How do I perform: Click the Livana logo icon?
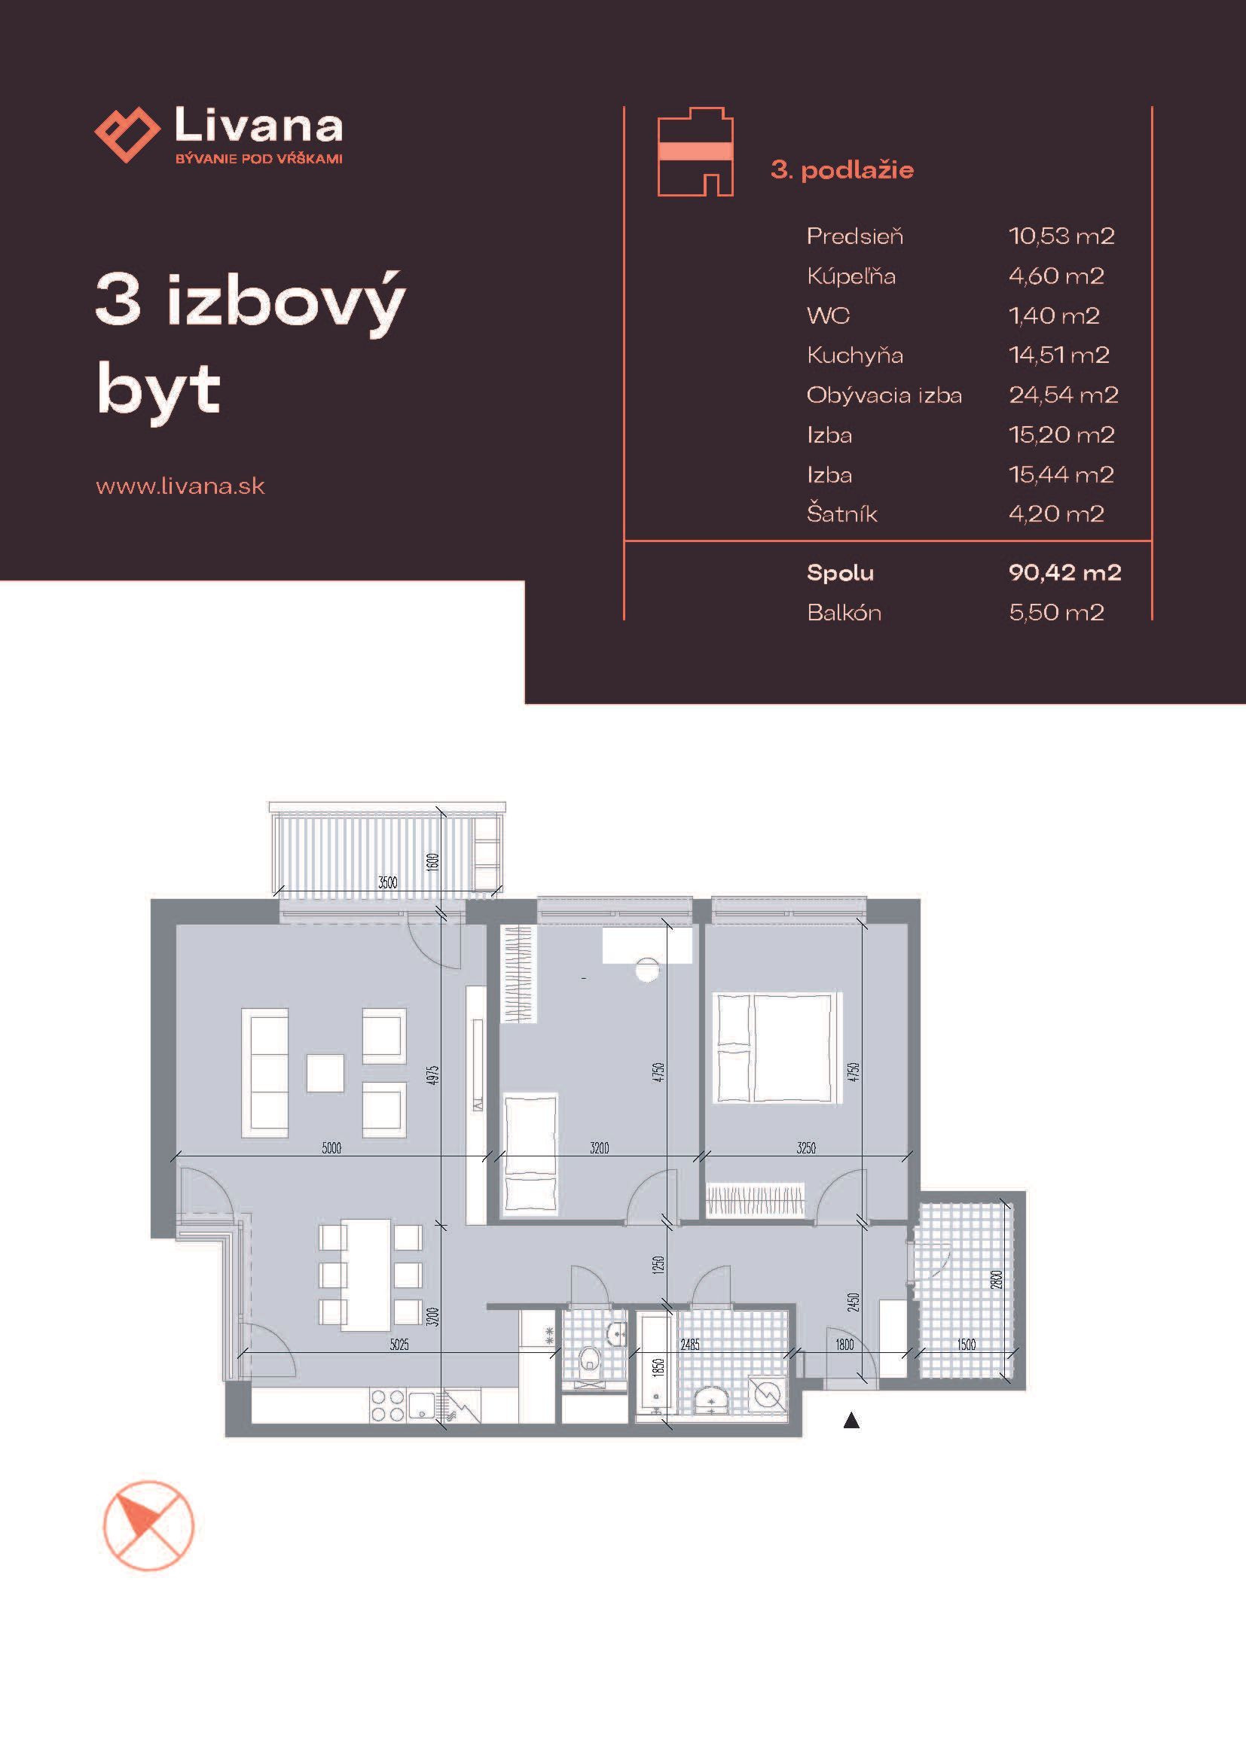pos(127,135)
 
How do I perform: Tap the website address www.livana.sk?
pos(180,486)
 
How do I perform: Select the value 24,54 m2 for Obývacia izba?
pos(1064,395)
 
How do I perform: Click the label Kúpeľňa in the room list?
pos(851,276)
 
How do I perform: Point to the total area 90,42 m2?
pos(1065,572)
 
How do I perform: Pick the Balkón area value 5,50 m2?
pos(1056,612)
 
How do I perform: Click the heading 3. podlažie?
pos(841,169)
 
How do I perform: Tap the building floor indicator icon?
pos(695,152)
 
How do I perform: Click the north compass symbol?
pos(148,1526)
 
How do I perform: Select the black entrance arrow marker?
pos(851,1421)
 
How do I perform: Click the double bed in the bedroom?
pos(778,1048)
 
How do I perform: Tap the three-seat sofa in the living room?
pos(264,1072)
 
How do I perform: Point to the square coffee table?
pos(325,1073)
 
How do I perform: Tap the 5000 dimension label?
pos(331,1148)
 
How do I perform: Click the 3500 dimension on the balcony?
pos(387,883)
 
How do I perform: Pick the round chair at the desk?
pos(648,970)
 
